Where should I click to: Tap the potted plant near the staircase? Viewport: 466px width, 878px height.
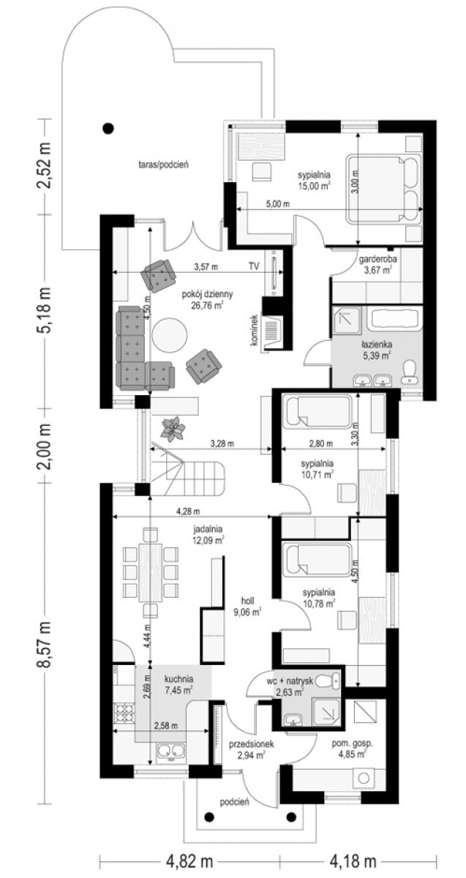173,429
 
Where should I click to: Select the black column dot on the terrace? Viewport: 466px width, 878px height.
108,128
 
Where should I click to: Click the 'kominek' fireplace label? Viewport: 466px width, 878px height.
255,330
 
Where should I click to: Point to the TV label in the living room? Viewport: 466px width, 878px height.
254,266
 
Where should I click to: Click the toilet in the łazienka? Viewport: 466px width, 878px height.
410,372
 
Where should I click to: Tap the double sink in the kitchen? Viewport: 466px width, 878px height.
171,750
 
